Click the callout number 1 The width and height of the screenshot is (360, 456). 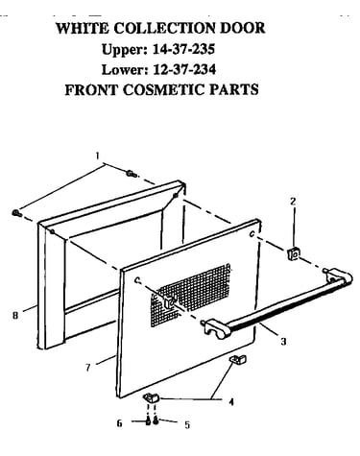click(x=97, y=156)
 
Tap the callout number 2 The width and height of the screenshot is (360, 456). click(x=293, y=202)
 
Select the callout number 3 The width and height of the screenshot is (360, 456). click(x=283, y=342)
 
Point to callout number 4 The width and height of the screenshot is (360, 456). click(x=231, y=401)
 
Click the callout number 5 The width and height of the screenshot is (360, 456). click(x=187, y=425)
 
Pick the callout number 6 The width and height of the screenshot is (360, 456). click(x=119, y=423)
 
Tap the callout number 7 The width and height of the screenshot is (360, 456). click(x=88, y=368)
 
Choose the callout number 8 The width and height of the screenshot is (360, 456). click(x=15, y=315)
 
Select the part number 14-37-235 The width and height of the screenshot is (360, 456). click(x=183, y=49)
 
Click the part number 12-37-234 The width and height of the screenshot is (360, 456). click(x=184, y=69)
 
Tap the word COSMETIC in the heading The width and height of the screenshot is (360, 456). click(x=164, y=89)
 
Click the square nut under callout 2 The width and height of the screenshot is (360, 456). click(x=294, y=253)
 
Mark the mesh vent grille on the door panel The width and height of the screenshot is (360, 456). click(x=191, y=295)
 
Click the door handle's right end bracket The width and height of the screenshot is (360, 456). click(x=339, y=277)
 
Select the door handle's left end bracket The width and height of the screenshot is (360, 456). click(x=218, y=329)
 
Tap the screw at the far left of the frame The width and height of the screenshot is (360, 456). click(x=16, y=213)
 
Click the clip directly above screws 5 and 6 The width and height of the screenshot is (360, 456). click(x=151, y=398)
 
